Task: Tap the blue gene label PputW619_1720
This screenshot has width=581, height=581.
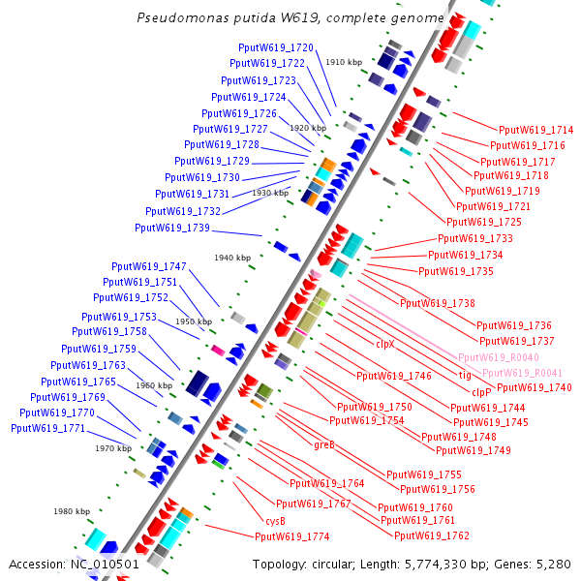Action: pyautogui.click(x=276, y=47)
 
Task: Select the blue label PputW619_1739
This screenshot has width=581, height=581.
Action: pyautogui.click(x=172, y=228)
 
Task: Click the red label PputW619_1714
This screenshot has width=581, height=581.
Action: pyautogui.click(x=535, y=130)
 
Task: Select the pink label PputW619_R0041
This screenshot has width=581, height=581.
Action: pyautogui.click(x=522, y=373)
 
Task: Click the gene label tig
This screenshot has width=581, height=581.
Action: pyautogui.click(x=464, y=374)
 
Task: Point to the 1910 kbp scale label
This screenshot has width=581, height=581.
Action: pyautogui.click(x=344, y=62)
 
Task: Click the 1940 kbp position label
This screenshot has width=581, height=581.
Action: pyautogui.click(x=232, y=258)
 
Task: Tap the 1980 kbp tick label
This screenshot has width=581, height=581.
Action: pyautogui.click(x=72, y=511)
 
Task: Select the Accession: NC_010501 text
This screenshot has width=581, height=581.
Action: pyautogui.click(x=74, y=564)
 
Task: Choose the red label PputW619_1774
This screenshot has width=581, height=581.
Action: pyautogui.click(x=291, y=536)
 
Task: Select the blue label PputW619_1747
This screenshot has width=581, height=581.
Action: pyautogui.click(x=149, y=266)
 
